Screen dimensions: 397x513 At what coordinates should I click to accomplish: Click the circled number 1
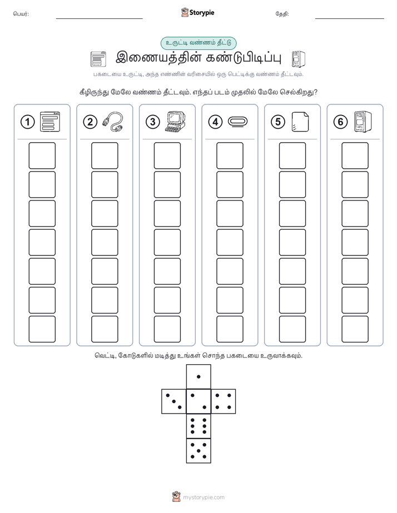(x=27, y=122)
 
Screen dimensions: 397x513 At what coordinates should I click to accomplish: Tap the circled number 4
(x=215, y=122)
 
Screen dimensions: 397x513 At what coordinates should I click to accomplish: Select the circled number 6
(x=340, y=122)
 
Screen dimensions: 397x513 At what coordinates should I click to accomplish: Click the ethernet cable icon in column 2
(x=113, y=122)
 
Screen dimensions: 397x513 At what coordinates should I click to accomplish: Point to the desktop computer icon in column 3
(x=175, y=122)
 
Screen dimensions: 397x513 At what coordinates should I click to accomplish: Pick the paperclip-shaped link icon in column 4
(x=237, y=122)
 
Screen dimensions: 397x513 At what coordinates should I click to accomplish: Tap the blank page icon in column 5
(x=300, y=122)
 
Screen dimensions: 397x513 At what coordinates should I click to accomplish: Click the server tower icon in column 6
(x=363, y=122)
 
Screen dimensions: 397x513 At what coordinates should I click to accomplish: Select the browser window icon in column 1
(x=50, y=122)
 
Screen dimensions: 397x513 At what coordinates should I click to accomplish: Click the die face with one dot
(x=198, y=376)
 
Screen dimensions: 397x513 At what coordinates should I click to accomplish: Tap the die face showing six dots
(x=198, y=426)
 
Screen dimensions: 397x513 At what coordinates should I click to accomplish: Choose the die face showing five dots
(x=198, y=450)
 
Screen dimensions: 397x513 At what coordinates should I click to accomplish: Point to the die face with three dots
(x=174, y=401)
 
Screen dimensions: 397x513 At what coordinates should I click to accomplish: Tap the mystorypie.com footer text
(x=204, y=497)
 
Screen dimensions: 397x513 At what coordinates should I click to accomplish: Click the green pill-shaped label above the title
(x=198, y=43)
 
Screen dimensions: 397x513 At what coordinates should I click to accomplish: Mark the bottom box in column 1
(x=42, y=329)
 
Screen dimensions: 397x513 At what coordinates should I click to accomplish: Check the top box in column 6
(x=355, y=155)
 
